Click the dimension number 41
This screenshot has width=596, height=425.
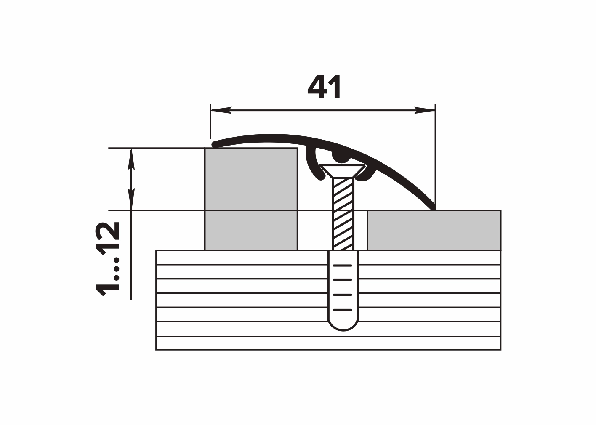324,87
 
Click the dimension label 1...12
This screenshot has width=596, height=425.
107,259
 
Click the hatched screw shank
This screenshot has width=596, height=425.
343,214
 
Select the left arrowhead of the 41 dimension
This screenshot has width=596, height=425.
221,110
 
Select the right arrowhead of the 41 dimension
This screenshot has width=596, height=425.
425,110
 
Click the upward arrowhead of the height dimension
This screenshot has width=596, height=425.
131,159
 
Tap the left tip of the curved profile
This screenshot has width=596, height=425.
215,145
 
